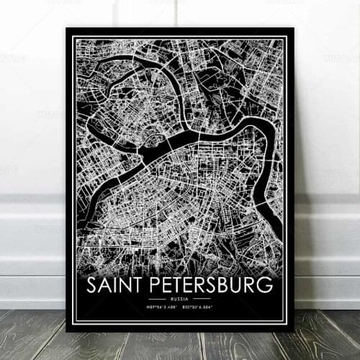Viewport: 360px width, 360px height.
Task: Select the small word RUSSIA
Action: pyautogui.click(x=180, y=298)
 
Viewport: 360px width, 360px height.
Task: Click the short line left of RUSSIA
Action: pyautogui.click(x=158, y=298)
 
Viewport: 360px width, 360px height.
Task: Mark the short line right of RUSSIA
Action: pyautogui.click(x=202, y=298)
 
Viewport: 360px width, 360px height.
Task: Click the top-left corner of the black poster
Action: pyautogui.click(x=66, y=29)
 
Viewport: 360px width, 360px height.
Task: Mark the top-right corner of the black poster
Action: pyautogui.click(x=294, y=29)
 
